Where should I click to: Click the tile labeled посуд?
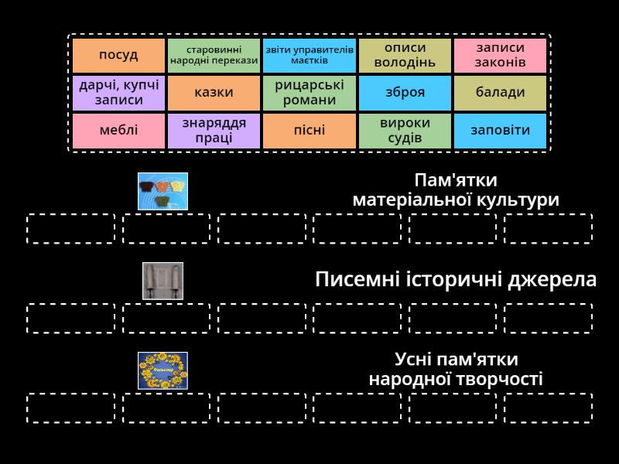pyautogui.click(x=118, y=55)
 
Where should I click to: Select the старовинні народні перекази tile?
pyautogui.click(x=214, y=55)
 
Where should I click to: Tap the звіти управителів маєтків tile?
pyautogui.click(x=309, y=55)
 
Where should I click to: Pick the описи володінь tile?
pyautogui.click(x=405, y=55)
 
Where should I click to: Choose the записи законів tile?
pyautogui.click(x=500, y=55)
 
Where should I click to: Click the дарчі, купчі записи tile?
pyautogui.click(x=118, y=93)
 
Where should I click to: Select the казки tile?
pyautogui.click(x=214, y=93)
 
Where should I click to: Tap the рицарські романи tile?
pyautogui.click(x=309, y=93)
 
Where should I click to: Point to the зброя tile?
pyautogui.click(x=405, y=93)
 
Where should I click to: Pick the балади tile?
pyautogui.click(x=500, y=93)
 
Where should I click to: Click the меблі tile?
pyautogui.click(x=118, y=130)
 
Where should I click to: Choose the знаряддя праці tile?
pyautogui.click(x=214, y=130)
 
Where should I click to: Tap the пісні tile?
pyautogui.click(x=309, y=130)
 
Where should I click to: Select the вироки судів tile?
pyautogui.click(x=405, y=130)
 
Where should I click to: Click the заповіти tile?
pyautogui.click(x=500, y=130)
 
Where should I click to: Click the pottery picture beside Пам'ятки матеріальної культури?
pyautogui.click(x=162, y=191)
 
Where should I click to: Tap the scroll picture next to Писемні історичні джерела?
pyautogui.click(x=162, y=281)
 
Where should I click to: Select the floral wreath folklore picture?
pyautogui.click(x=162, y=370)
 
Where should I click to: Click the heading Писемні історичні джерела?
pyautogui.click(x=456, y=280)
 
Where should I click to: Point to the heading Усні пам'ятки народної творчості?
pyautogui.click(x=456, y=369)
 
